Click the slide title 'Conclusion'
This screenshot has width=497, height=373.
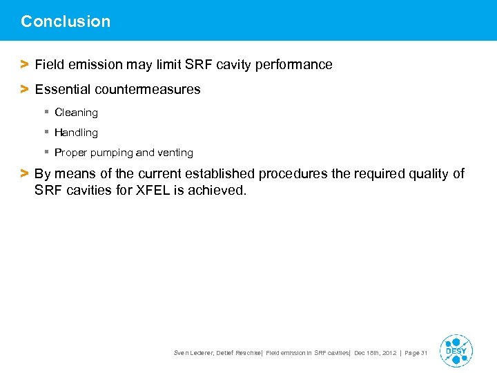pyautogui.click(x=66, y=21)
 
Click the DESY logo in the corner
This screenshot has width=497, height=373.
pyautogui.click(x=456, y=351)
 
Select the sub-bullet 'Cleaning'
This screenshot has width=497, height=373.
pyautogui.click(x=76, y=113)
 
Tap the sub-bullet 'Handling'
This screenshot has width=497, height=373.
pyautogui.click(x=76, y=133)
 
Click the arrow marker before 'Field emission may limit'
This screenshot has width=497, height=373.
pyautogui.click(x=24, y=65)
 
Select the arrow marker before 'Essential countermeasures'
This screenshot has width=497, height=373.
pyautogui.click(x=24, y=89)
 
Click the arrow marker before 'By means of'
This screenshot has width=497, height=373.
pyautogui.click(x=24, y=174)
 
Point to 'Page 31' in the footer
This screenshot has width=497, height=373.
pyautogui.click(x=416, y=353)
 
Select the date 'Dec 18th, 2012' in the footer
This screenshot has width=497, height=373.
pyautogui.click(x=375, y=353)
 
